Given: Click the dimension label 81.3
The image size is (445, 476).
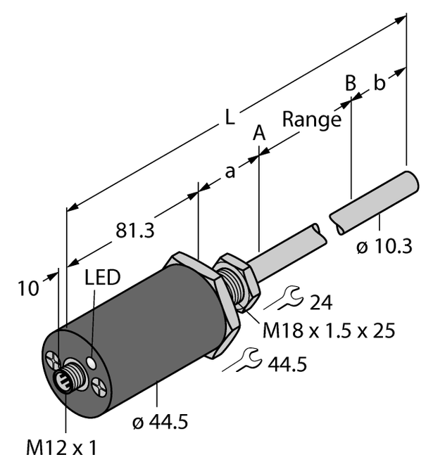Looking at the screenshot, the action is pos(135,231).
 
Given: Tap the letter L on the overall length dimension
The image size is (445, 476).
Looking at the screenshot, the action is pos(230,117).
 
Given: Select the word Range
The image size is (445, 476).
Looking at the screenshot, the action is pos(311,120).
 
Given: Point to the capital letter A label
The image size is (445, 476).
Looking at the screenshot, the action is pos(259,133).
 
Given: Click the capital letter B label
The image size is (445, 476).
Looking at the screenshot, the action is pos(351,82).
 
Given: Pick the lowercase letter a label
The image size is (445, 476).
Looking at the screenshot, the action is pos(230,172).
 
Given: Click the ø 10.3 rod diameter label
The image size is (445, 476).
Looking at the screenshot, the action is pos(384,246).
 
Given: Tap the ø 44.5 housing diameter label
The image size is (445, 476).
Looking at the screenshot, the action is pos(161,422).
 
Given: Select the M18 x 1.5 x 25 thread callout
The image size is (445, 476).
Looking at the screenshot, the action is pos(329,330).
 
